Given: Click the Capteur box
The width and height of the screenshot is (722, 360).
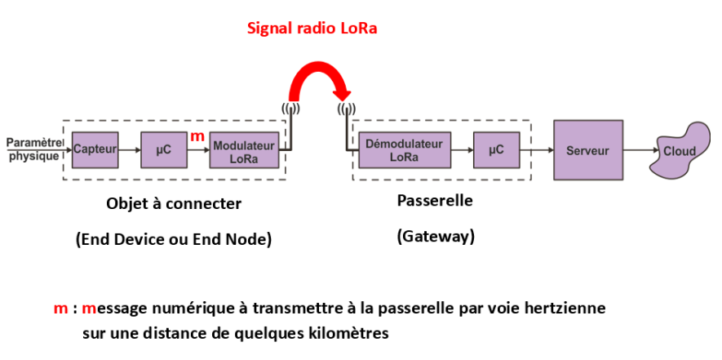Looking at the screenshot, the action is tap(95, 150).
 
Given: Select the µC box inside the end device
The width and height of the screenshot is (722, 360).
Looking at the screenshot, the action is tap(164, 150).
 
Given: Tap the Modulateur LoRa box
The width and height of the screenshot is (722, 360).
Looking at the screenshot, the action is tap(245, 150).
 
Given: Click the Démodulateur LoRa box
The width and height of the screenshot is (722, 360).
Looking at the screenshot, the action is tap(405, 150).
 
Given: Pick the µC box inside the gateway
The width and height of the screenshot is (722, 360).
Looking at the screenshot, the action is tap(496, 150).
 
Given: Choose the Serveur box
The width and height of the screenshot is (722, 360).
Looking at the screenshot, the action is tap(588, 150).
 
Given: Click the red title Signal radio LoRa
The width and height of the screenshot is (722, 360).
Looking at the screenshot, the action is tap(312, 28).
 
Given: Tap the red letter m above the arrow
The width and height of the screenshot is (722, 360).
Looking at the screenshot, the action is tap(197, 136).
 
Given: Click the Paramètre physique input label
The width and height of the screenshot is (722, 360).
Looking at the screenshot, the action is tap(34, 149).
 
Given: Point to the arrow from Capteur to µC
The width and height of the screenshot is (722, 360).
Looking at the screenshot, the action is tap(130, 150).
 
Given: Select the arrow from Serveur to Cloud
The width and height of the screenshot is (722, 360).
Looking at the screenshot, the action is tap(640, 150).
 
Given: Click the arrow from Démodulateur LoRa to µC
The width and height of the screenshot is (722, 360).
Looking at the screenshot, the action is tap(463, 150).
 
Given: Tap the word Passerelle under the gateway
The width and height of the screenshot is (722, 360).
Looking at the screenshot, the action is tap(435, 201).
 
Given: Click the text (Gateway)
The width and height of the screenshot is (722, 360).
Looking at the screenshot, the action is tap(436, 237).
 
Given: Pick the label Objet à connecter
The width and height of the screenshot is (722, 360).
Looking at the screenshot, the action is tap(174, 203).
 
